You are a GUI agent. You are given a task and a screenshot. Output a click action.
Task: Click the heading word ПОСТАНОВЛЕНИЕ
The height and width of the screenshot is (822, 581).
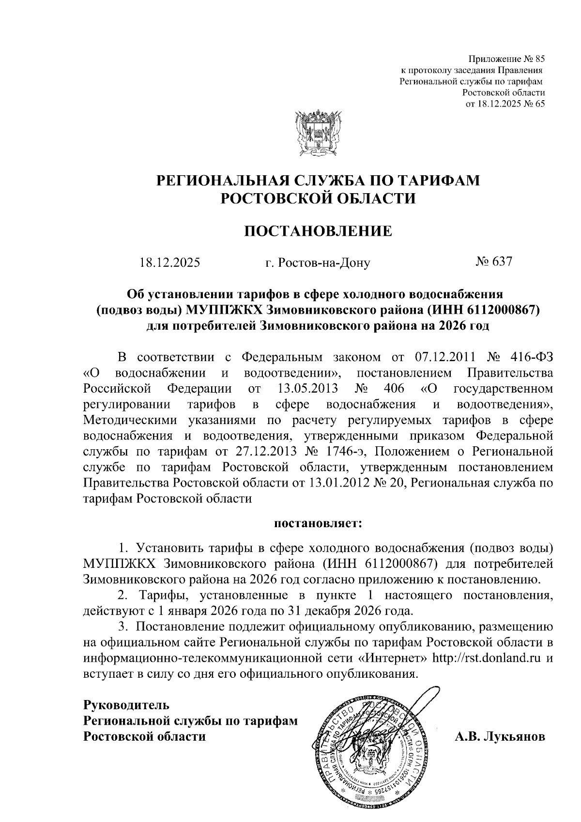[318, 231]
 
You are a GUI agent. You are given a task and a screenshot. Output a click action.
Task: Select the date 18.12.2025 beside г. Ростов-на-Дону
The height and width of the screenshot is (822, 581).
[170, 263]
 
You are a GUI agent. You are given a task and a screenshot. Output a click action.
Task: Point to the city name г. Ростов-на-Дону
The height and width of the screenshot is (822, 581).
[318, 263]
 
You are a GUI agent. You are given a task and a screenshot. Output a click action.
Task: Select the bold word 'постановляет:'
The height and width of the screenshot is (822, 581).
[318, 523]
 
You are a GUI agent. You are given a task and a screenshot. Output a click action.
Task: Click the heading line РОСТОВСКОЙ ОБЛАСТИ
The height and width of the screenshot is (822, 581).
[318, 198]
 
